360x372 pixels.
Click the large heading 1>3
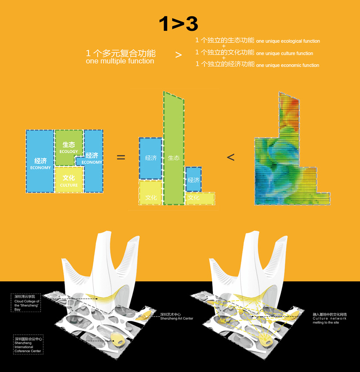[x=178, y=24]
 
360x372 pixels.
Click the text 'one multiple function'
[x=120, y=61]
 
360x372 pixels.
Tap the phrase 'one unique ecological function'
[x=288, y=41]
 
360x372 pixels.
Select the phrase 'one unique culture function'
[x=284, y=53]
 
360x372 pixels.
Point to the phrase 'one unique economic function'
[x=287, y=65]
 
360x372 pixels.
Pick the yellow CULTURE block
[x=69, y=180]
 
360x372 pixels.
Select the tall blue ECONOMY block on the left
[x=40, y=162]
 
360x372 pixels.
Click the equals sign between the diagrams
[x=121, y=157]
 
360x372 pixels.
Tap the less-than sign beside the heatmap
[x=231, y=157]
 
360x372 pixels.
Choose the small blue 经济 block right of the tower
[x=193, y=179]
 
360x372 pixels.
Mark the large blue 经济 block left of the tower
[x=151, y=158]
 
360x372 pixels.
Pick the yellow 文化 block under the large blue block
[x=151, y=194]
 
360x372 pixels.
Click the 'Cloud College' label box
[x=27, y=303]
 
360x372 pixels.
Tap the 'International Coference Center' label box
[x=28, y=344]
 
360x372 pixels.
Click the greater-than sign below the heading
[x=178, y=55]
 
